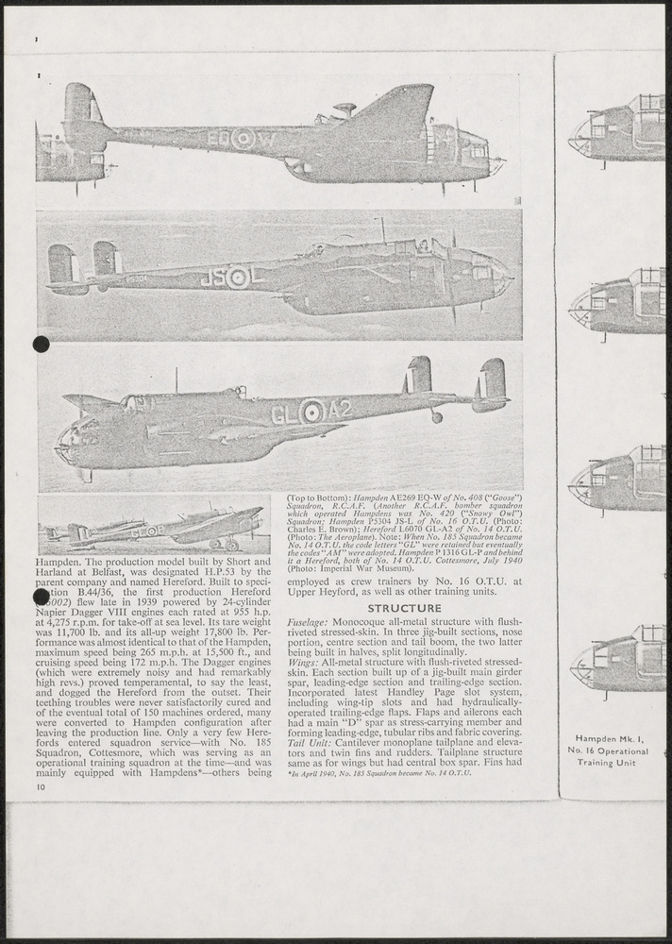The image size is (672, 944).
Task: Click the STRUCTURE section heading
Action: [x=404, y=608]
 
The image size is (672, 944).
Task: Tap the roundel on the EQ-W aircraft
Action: [x=244, y=138]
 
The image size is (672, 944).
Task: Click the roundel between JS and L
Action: [x=239, y=278]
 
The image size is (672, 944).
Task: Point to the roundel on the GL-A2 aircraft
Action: [x=311, y=412]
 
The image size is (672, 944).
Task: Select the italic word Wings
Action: [x=302, y=665]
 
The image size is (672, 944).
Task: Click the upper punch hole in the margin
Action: [x=41, y=345]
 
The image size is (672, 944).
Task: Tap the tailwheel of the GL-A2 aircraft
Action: [x=436, y=416]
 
